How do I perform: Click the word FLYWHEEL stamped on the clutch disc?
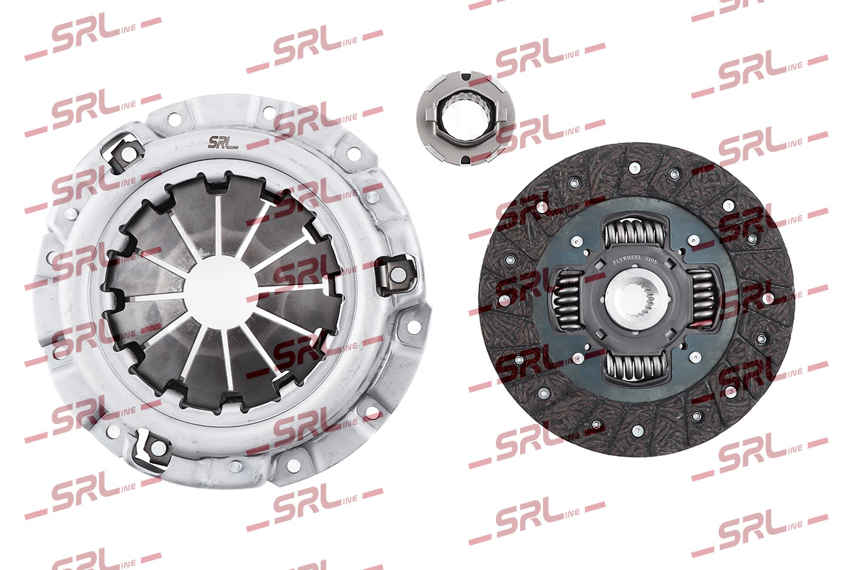coord(627,260)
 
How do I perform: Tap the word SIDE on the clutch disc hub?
coord(651,260)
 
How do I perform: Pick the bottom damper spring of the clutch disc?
coord(636,366)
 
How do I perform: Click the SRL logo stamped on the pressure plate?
coord(222,142)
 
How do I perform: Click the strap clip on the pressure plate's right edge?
coord(396,274)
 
